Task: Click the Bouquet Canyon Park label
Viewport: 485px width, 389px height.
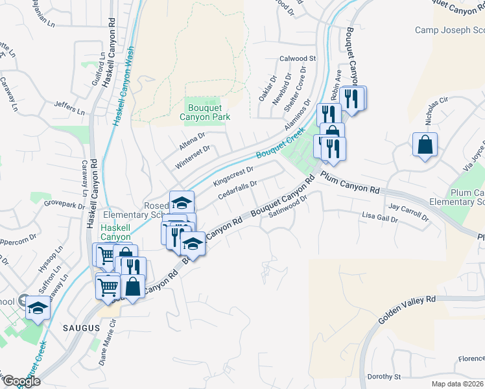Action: coord(209,113)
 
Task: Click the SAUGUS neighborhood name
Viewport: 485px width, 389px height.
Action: coord(82,329)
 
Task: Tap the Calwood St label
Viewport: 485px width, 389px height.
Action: coord(297,58)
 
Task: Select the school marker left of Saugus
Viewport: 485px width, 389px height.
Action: coord(38,307)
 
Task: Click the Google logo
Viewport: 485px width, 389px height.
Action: coord(21,381)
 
